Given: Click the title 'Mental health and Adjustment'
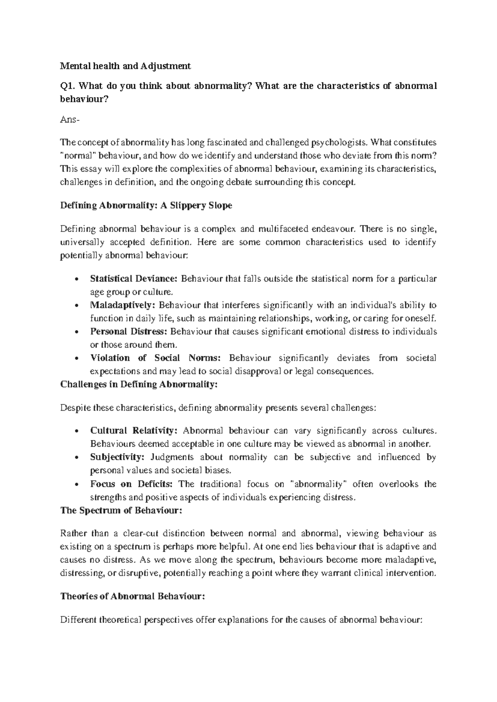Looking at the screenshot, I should click(x=125, y=66).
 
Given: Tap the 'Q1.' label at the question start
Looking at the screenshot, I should click(x=67, y=86).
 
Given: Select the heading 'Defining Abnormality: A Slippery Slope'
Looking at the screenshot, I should click(x=146, y=205).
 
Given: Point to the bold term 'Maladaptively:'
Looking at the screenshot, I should click(x=123, y=305).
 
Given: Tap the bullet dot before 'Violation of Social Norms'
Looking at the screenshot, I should click(x=75, y=358).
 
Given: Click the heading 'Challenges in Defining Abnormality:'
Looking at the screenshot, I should click(x=139, y=384).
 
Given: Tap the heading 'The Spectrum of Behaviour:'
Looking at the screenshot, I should click(x=121, y=510).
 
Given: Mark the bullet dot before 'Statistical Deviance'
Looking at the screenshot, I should click(x=75, y=279).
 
